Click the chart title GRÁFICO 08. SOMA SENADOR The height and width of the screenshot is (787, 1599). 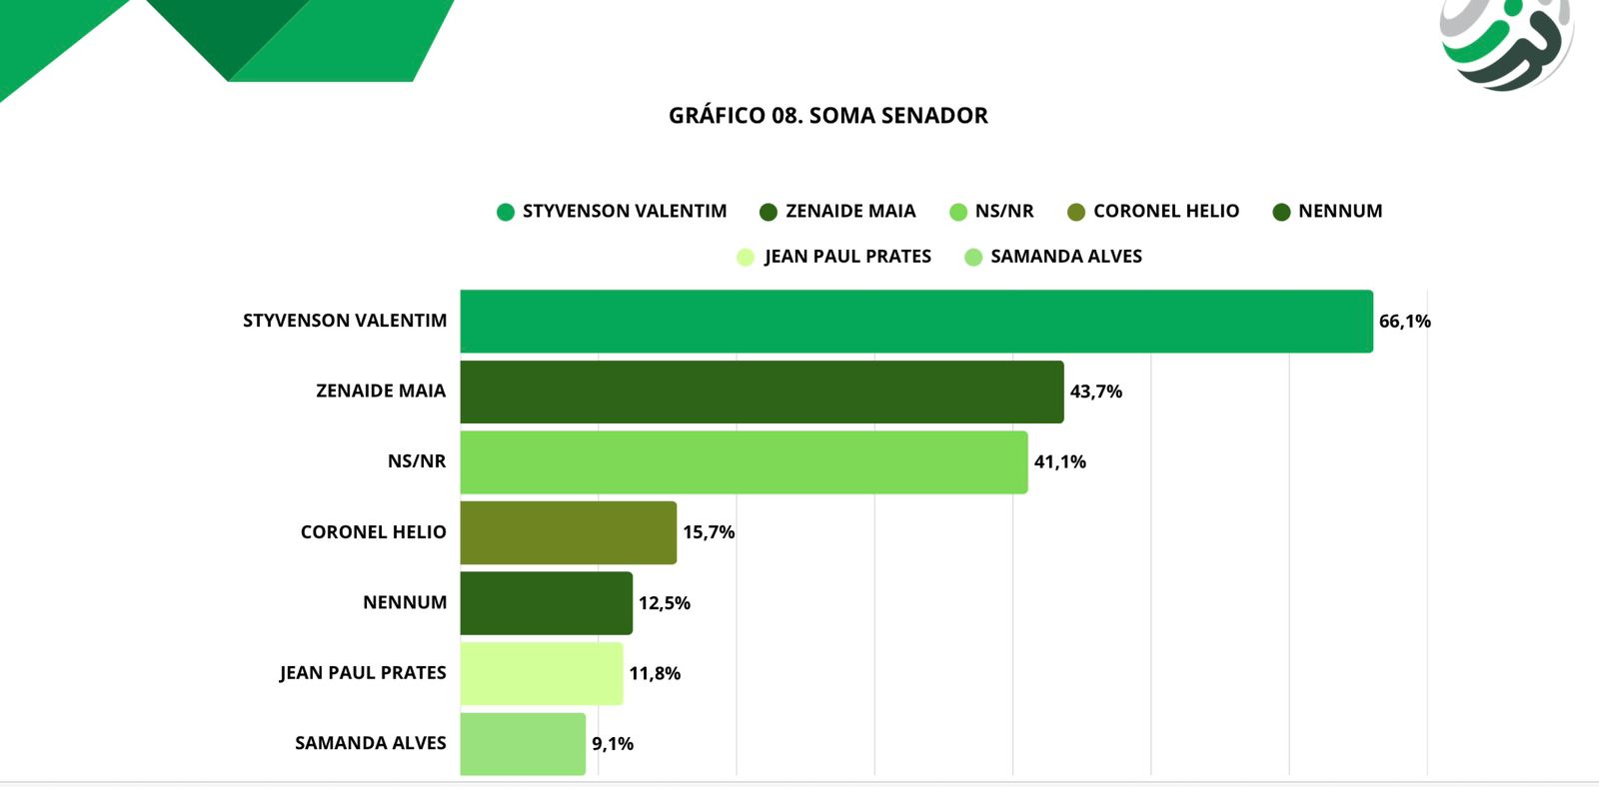[x=827, y=116]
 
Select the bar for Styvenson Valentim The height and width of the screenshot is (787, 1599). [x=915, y=321]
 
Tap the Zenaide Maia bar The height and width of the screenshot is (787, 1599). [x=762, y=392]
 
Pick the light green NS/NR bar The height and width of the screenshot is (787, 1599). [x=744, y=461]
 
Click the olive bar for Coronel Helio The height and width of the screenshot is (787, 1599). [x=568, y=532]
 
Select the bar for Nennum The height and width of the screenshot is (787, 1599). [x=546, y=602]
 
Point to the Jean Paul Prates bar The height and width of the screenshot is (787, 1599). [x=541, y=673]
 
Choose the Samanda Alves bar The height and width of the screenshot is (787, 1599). [x=523, y=743]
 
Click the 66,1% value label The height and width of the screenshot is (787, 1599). [x=1404, y=322]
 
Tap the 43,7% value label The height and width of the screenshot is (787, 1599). [x=1095, y=392]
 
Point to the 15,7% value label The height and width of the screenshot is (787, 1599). [x=708, y=532]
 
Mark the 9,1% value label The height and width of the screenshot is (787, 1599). [x=612, y=744]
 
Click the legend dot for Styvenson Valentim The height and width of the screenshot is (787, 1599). [x=506, y=212]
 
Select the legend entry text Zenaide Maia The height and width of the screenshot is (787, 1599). [x=850, y=212]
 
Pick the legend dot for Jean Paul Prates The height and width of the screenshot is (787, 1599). [x=746, y=257]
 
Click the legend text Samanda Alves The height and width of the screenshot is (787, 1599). [x=1065, y=257]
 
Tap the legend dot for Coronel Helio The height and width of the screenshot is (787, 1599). [x=1076, y=212]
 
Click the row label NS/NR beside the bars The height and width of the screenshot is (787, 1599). [x=417, y=461]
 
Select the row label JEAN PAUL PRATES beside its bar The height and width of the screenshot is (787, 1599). [x=363, y=673]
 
